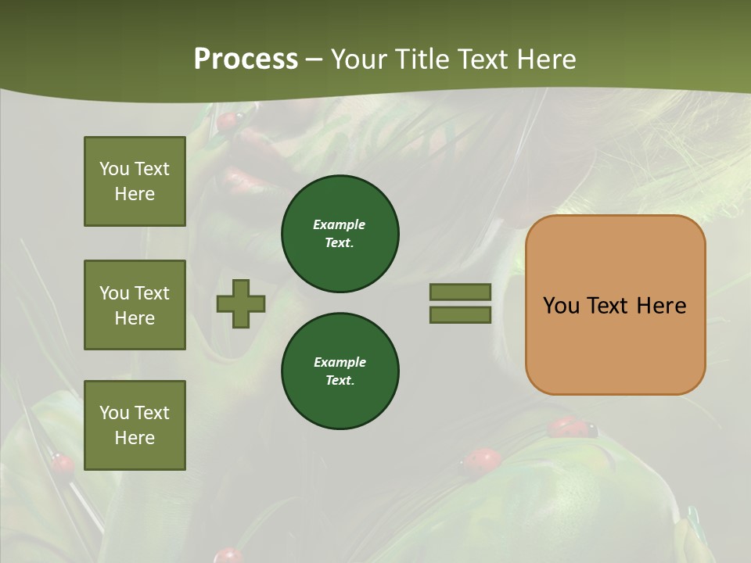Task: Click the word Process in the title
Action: click(246, 59)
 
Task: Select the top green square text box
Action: click(135, 181)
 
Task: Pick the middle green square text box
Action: click(135, 305)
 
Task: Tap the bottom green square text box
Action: click(135, 425)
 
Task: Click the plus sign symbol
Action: click(241, 303)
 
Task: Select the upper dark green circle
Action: click(340, 234)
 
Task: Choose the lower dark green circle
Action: click(340, 371)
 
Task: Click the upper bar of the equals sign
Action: click(461, 292)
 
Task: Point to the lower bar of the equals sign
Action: click(461, 315)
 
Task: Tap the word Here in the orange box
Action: click(661, 305)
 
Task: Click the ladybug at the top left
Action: click(228, 121)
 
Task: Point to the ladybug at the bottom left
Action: click(63, 464)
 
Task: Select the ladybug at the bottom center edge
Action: click(228, 555)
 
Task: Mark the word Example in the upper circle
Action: click(339, 224)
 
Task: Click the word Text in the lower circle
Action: click(339, 380)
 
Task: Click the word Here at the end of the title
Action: click(547, 59)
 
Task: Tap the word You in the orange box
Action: click(562, 305)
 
